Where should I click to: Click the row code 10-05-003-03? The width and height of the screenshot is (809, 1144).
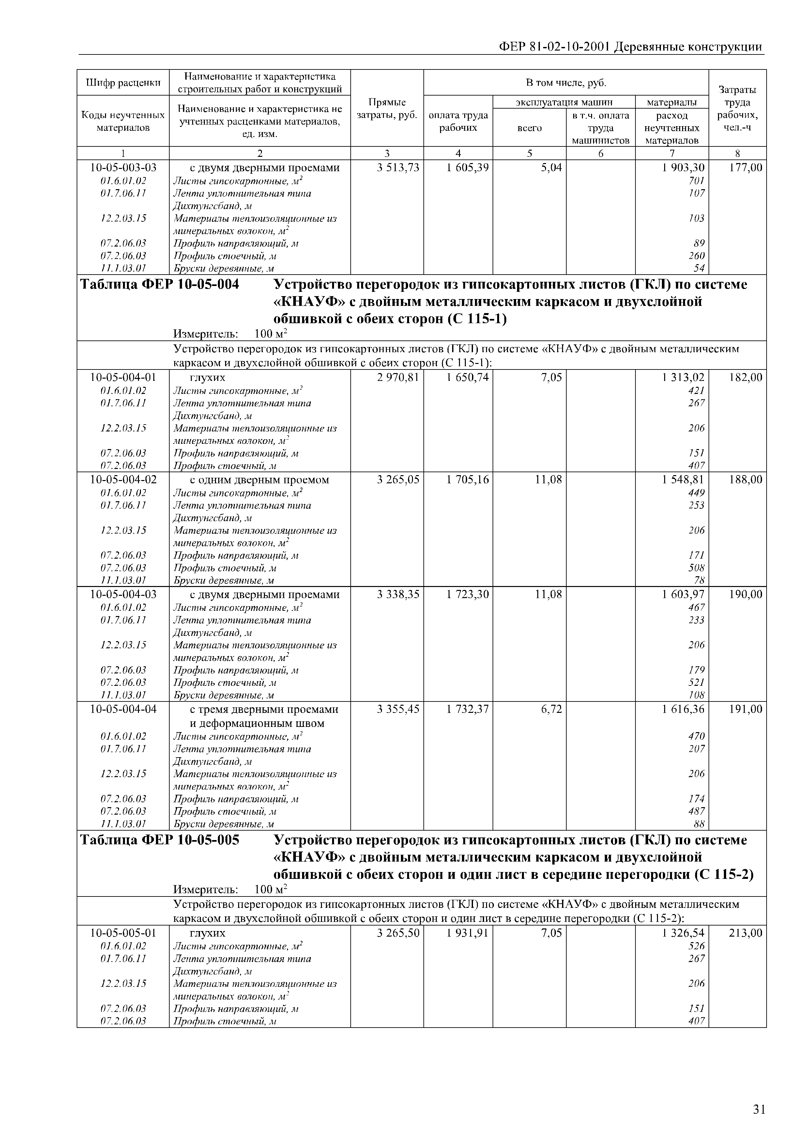[x=123, y=168]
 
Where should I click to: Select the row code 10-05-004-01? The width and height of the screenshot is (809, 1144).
[x=123, y=378]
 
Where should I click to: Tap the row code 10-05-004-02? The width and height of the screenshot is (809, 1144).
[x=123, y=480]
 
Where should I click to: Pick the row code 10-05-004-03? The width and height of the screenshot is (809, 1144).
[x=123, y=595]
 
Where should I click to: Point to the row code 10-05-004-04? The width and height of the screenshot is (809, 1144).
[x=123, y=709]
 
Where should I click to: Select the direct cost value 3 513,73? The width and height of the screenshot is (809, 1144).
[x=398, y=168]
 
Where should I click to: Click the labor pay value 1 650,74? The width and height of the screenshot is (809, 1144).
[x=467, y=378]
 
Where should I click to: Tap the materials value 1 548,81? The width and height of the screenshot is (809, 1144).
[x=683, y=480]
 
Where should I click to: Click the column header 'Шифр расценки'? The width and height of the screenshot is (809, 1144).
[x=123, y=83]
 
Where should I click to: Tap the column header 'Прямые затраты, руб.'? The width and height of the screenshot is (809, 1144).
[x=387, y=108]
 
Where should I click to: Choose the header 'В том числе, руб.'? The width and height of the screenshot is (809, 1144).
[x=566, y=83]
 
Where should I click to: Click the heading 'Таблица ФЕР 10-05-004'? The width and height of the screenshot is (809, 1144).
[x=160, y=284]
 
